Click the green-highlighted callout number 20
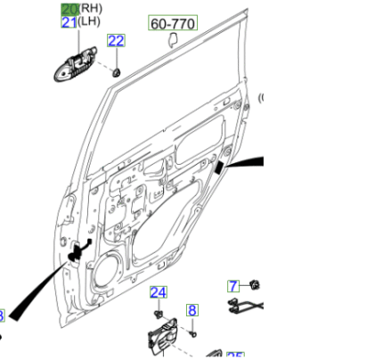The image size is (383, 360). coord(69,8)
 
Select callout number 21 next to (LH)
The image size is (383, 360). coord(69,22)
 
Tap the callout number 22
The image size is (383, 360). coord(117,40)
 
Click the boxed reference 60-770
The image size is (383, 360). coord(173,24)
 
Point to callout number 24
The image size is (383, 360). coord(158,292)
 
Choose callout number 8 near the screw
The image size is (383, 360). coord(191,310)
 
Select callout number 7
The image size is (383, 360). coord(233,286)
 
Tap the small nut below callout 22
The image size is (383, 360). coord(117,70)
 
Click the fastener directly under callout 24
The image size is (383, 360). coord(158,313)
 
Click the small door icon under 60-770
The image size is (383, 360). coord(173,41)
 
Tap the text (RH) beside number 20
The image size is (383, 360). coord(91,8)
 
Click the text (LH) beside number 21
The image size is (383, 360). coord(90,22)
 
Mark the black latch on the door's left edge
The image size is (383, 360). coord(81,251)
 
